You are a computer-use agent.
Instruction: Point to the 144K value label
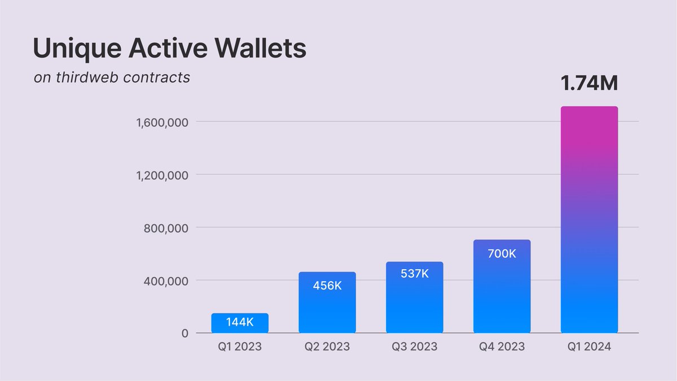240,323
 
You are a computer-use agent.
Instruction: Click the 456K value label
327,286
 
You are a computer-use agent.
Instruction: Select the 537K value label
415,274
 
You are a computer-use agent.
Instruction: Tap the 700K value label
502,253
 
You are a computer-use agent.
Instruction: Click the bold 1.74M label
589,84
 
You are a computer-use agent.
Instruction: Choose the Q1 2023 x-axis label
240,347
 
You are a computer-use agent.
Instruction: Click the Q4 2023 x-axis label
502,347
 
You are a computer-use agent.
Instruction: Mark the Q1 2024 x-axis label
589,347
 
